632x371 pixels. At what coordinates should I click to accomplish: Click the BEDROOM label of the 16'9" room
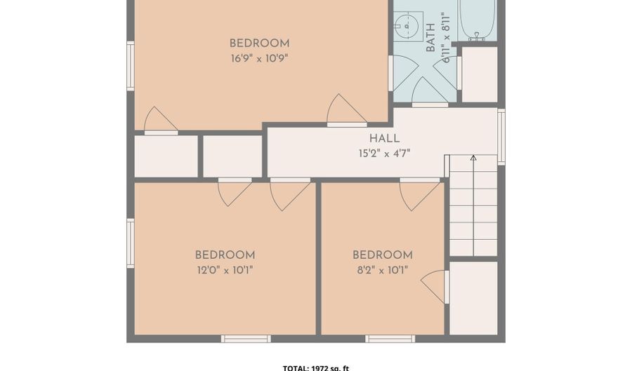click(x=259, y=43)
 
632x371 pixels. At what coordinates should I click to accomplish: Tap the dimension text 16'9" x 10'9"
click(x=259, y=59)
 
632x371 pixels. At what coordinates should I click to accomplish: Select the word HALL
click(x=384, y=139)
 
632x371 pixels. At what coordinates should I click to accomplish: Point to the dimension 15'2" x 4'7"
click(x=384, y=153)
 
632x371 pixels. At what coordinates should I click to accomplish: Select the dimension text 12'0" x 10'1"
click(x=224, y=270)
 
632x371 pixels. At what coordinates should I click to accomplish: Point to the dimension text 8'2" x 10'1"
click(x=382, y=270)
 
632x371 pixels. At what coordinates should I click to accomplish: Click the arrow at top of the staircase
click(x=473, y=158)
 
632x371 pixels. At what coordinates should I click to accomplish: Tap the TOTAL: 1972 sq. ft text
click(x=316, y=367)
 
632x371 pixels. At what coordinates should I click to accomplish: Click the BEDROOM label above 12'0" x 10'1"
click(x=225, y=255)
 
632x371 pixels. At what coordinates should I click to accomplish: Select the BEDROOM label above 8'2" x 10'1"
click(x=382, y=255)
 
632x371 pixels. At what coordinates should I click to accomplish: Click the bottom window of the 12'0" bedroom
click(x=246, y=339)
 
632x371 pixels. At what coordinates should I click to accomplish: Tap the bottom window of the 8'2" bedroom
click(x=390, y=339)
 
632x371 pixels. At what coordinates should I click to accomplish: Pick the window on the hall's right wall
click(x=501, y=136)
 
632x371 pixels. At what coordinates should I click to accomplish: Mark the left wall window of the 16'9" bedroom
click(x=131, y=66)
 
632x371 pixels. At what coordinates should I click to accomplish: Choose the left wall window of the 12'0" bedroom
click(x=131, y=243)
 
